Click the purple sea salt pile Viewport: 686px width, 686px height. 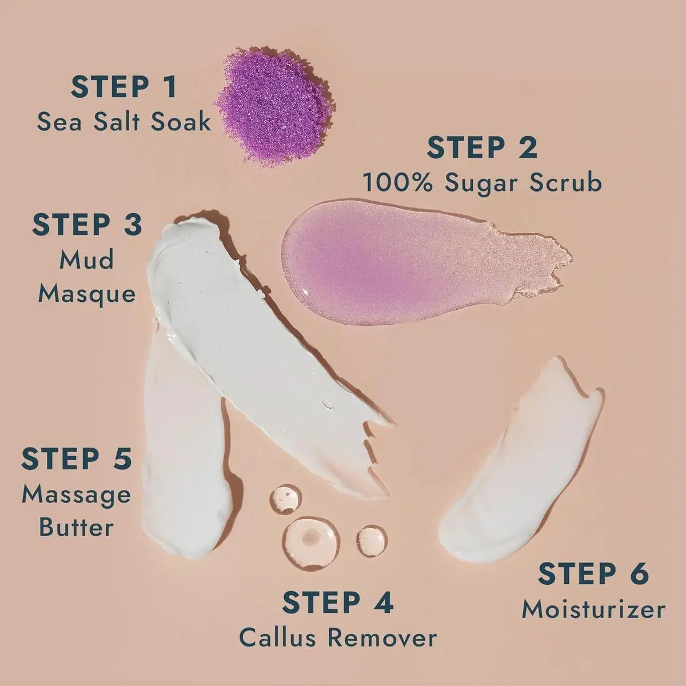(x=275, y=107)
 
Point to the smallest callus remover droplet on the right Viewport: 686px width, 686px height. (x=372, y=540)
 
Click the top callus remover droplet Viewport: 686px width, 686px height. (x=285, y=498)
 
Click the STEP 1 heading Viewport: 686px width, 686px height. (x=123, y=86)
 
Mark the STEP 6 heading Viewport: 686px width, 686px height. (x=593, y=573)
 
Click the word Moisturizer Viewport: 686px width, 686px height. (x=593, y=609)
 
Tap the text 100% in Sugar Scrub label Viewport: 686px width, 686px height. (x=398, y=182)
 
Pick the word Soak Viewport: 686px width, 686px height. (x=180, y=121)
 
